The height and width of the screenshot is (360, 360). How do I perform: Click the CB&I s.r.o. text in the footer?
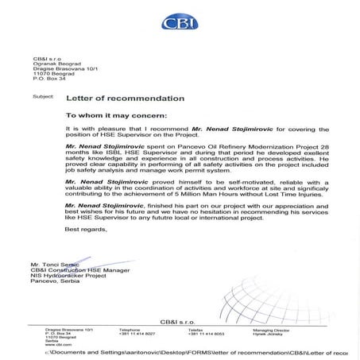[x=180, y=319]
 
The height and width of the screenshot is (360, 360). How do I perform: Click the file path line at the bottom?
[x=180, y=350]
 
